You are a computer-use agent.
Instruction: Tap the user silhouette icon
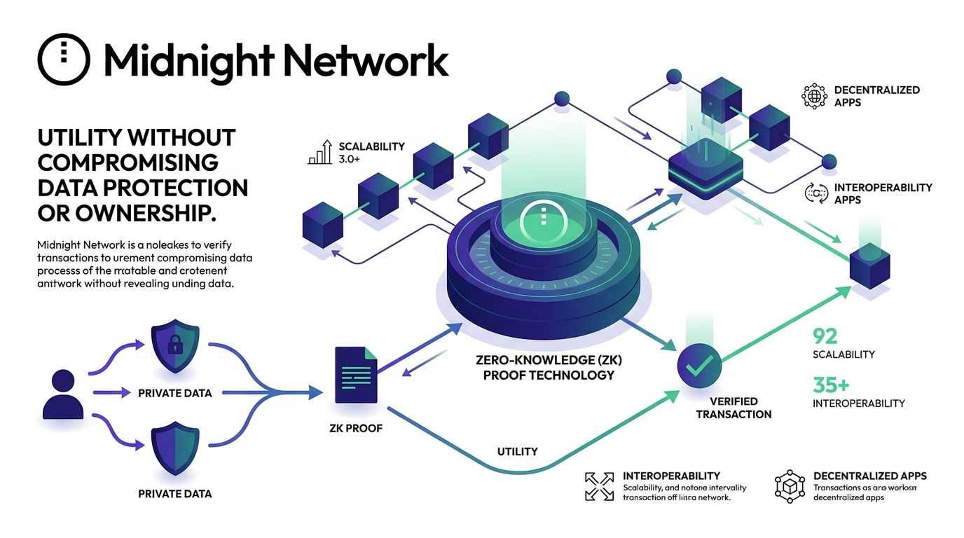(x=63, y=396)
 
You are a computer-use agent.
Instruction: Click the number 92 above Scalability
(x=825, y=336)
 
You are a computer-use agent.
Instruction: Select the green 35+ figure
(x=831, y=385)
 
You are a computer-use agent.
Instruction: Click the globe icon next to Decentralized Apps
(x=814, y=96)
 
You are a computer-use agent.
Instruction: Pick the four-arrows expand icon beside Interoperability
(x=599, y=486)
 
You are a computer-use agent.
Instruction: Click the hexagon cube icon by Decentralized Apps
(x=789, y=485)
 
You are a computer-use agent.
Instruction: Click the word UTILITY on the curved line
(x=516, y=451)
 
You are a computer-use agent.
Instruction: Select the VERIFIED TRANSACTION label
(x=734, y=408)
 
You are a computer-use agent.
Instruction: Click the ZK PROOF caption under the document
(x=355, y=427)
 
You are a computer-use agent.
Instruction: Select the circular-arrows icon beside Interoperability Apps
(x=814, y=193)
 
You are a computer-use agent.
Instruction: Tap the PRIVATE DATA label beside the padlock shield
(x=174, y=393)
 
